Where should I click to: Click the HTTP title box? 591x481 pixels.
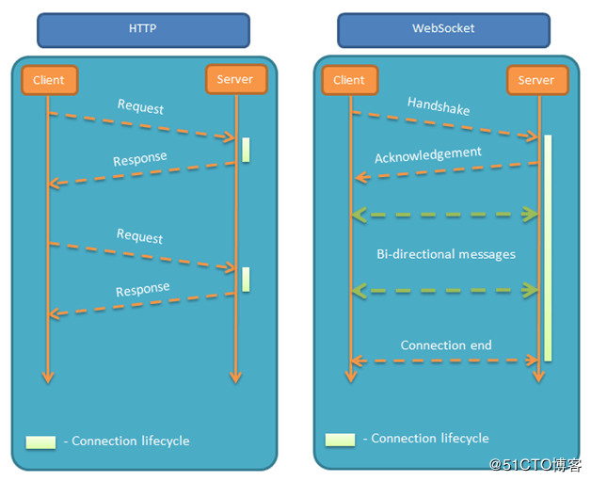pyautogui.click(x=143, y=29)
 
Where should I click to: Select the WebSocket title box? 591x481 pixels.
pyautogui.click(x=443, y=29)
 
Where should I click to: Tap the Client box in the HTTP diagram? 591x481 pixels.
pyautogui.click(x=48, y=80)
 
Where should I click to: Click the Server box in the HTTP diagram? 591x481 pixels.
pyautogui.click(x=234, y=79)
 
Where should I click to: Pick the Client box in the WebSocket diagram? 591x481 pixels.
pyautogui.click(x=349, y=80)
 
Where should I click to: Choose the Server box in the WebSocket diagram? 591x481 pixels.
pyautogui.click(x=535, y=80)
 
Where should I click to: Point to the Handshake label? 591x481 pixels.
pyautogui.click(x=439, y=105)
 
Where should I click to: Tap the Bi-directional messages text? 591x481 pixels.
pyautogui.click(x=445, y=254)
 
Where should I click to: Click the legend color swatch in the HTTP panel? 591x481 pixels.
pyautogui.click(x=41, y=441)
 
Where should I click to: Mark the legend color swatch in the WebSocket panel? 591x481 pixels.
pyautogui.click(x=340, y=439)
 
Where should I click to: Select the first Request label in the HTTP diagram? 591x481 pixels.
pyautogui.click(x=140, y=106)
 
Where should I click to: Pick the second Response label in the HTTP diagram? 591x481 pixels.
pyautogui.click(x=143, y=289)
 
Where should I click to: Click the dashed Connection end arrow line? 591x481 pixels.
pyautogui.click(x=445, y=361)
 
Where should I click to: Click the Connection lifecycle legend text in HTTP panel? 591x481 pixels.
pyautogui.click(x=130, y=441)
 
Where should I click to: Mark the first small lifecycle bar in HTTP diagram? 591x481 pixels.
pyautogui.click(x=246, y=150)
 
